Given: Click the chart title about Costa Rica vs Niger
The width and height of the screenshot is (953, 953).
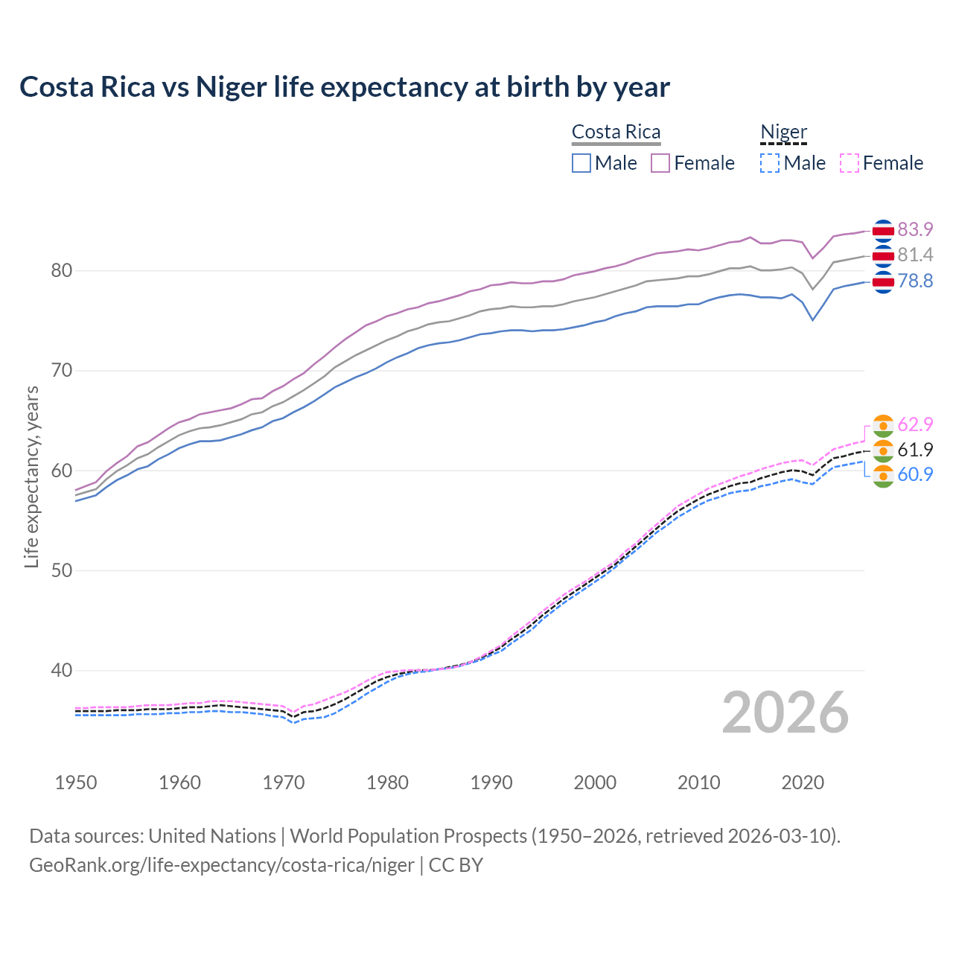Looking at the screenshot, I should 344,87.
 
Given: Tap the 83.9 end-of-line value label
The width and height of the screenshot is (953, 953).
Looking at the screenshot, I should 915,229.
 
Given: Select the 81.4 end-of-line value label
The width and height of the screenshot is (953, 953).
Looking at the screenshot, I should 915,255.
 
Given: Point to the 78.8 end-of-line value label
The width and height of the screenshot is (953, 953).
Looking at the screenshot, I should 915,281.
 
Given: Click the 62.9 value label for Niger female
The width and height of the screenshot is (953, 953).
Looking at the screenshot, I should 915,424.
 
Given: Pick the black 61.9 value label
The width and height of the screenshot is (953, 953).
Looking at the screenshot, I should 915,450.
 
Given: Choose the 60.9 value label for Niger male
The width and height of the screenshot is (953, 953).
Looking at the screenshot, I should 915,474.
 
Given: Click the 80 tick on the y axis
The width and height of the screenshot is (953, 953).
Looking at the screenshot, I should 61,270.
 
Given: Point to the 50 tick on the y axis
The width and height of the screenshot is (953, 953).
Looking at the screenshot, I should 61,570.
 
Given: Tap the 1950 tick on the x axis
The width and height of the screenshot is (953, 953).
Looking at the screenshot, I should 76,783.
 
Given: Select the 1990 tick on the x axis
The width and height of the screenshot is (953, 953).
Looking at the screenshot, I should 491,783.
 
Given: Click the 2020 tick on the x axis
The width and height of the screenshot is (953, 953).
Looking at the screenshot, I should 803,783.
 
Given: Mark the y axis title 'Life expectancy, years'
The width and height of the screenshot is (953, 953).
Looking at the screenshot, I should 31,476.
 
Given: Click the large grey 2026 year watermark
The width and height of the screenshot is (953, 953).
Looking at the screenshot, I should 785,713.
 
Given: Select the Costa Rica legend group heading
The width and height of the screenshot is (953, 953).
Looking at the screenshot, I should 616,133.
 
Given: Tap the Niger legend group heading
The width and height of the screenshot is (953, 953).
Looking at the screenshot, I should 783,133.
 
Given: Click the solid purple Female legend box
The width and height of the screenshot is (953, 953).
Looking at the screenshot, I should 660,163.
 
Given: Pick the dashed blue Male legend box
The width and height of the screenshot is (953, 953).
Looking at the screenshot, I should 770,163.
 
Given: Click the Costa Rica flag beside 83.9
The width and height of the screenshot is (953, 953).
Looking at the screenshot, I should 883,231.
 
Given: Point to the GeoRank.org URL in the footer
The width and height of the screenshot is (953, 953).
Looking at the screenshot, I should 221,865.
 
